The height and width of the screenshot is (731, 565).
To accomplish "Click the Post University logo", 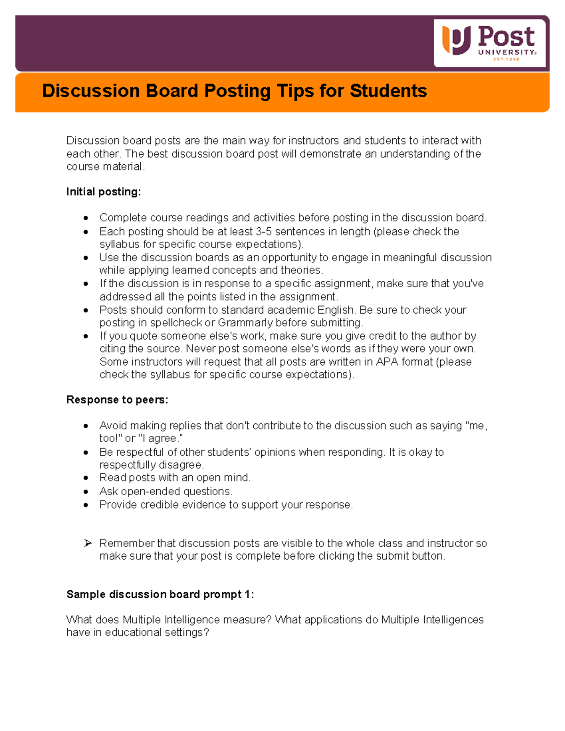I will tap(489, 43).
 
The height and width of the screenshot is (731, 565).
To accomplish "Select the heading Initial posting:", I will tap(104, 192).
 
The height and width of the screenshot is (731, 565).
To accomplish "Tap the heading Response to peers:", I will tap(117, 400).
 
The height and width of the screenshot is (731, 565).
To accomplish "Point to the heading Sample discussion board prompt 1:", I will tap(160, 594).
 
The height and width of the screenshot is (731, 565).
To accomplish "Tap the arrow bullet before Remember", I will tap(87, 544).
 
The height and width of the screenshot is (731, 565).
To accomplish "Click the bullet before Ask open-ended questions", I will tap(86, 492).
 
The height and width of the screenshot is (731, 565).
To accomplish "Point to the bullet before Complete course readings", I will tap(86, 218).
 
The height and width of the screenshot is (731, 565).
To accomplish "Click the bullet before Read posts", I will tap(86, 478).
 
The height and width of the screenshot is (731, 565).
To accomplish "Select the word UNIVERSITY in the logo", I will tap(507, 53).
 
